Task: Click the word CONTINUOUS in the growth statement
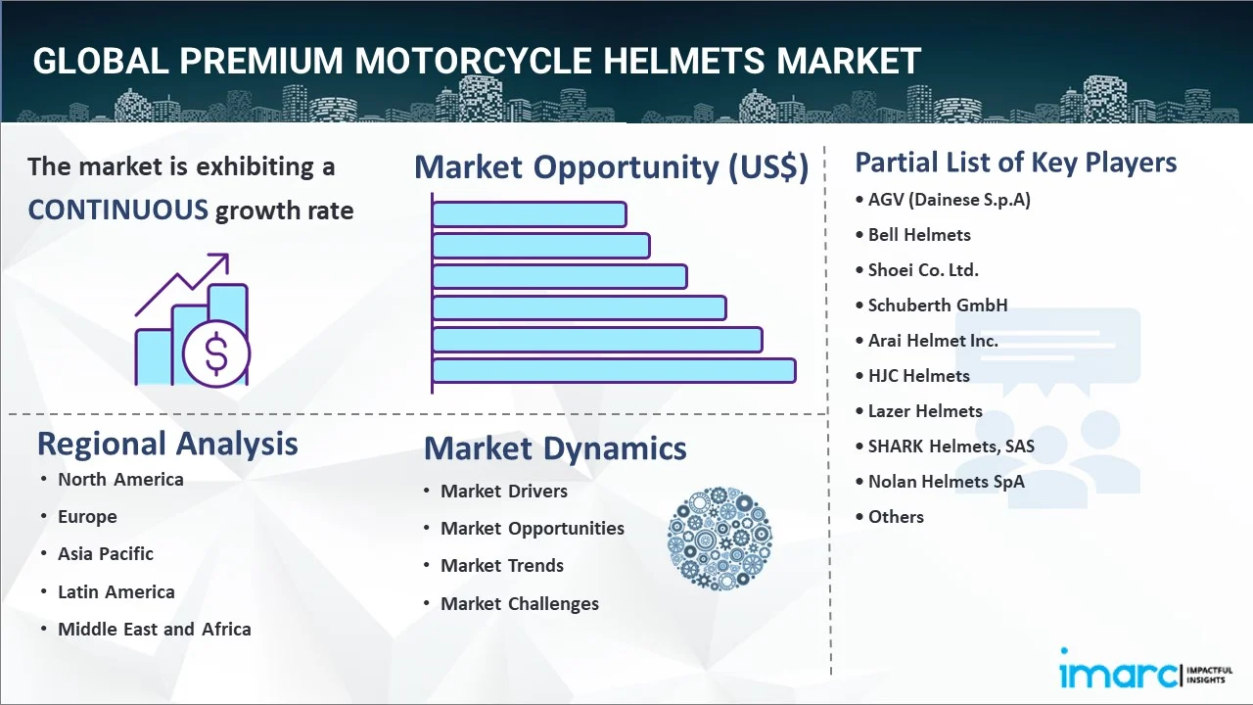pos(117,210)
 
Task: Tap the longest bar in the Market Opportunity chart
pos(613,370)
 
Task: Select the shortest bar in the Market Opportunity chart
pos(529,213)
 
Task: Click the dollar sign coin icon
pos(216,354)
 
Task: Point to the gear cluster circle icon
pos(719,539)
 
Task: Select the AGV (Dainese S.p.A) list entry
pos(949,200)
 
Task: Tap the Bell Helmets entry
pos(919,235)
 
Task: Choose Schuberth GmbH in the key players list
pos(937,305)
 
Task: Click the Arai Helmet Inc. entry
pos(933,341)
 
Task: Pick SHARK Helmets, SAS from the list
pos(951,446)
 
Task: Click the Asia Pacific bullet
pos(106,554)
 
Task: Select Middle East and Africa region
pos(154,630)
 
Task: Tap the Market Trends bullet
pos(501,566)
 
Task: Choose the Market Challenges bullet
pos(519,604)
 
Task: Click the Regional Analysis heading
pos(167,444)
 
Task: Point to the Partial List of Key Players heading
pos(1016,162)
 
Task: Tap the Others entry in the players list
pos(896,517)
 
